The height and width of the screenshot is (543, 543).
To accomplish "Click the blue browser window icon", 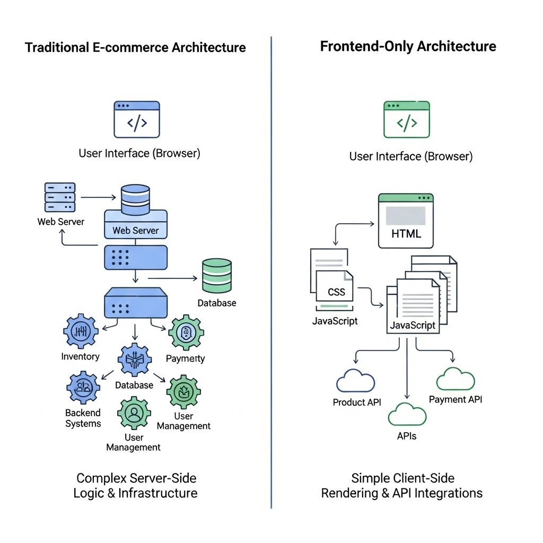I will point(137,120).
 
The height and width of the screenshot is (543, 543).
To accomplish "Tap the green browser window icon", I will point(407,120).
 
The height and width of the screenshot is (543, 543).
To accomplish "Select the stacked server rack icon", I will point(60,198).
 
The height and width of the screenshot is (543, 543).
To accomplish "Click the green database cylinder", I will point(217,276).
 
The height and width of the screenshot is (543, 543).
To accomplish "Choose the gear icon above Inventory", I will point(81,331).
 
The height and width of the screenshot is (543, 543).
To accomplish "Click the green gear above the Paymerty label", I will point(186,332).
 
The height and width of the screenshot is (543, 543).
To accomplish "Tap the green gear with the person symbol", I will point(134,413).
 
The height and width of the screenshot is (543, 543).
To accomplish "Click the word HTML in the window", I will point(406,233).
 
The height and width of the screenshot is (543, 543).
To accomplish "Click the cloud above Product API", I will point(356,381).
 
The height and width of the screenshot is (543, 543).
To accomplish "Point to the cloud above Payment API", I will point(456,379).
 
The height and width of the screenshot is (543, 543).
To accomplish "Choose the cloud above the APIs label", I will point(407,414).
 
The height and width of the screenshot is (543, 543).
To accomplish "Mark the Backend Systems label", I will point(83,418).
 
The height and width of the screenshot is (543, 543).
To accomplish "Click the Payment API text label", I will point(456,399).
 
